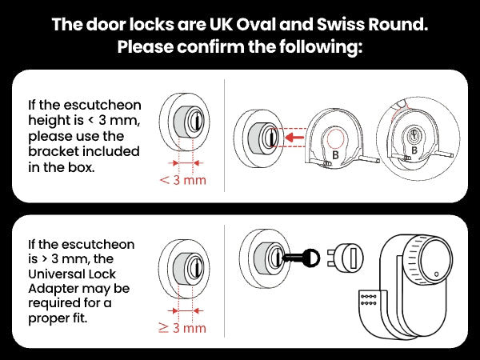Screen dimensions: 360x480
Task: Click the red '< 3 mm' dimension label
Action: click(x=183, y=180)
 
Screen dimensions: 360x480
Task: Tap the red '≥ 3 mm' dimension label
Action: click(x=183, y=328)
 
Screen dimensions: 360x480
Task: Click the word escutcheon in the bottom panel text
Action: click(x=97, y=244)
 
